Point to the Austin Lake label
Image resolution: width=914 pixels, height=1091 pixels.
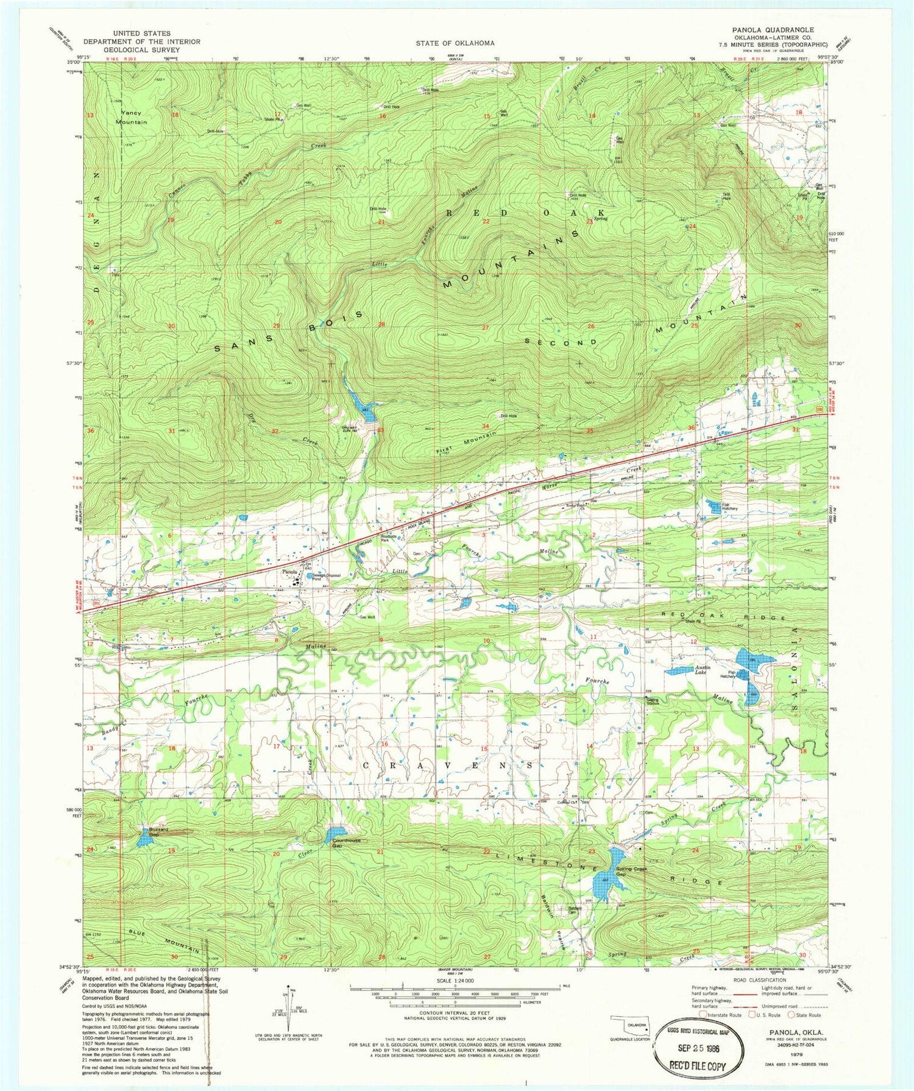tap(704, 670)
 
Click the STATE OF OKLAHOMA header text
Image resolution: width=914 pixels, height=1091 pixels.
tap(455, 43)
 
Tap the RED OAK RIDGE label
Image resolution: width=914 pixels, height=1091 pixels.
tap(723, 617)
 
